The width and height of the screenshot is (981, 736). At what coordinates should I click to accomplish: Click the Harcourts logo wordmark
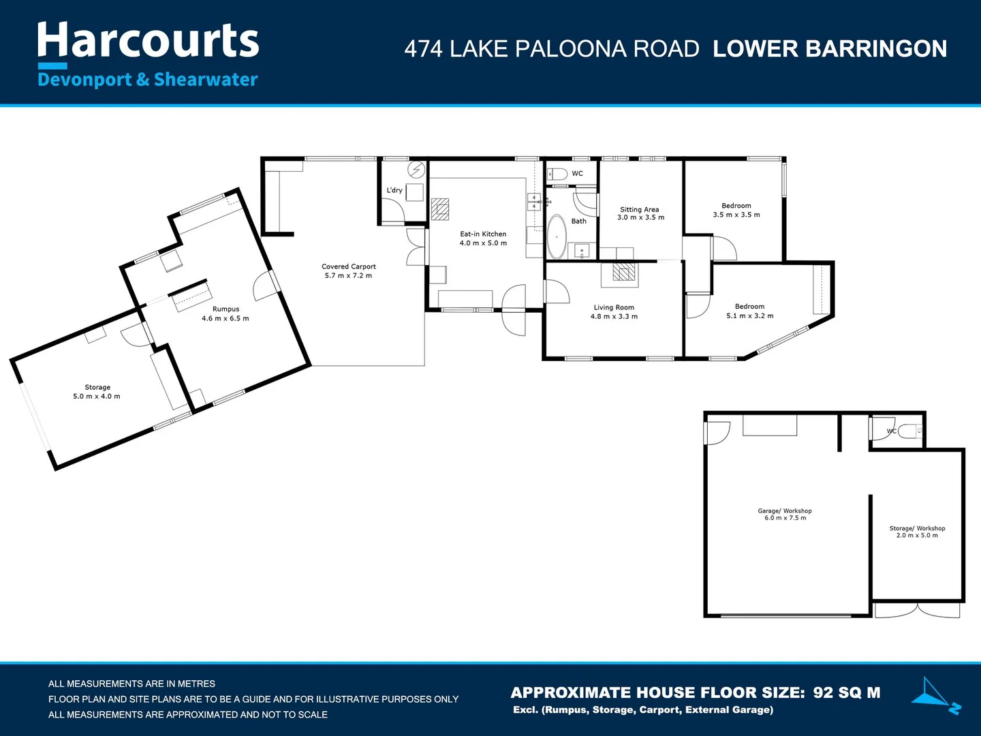click(148, 40)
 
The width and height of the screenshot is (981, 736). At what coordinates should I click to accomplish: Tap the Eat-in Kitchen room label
click(483, 234)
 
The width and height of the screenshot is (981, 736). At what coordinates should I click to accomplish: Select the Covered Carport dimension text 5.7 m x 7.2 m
click(348, 276)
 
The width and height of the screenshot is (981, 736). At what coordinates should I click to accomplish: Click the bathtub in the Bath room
click(557, 237)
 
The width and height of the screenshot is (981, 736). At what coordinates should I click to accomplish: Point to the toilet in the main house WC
click(557, 173)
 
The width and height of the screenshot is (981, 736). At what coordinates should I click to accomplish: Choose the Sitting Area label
click(639, 209)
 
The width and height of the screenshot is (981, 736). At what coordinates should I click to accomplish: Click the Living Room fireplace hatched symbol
click(623, 272)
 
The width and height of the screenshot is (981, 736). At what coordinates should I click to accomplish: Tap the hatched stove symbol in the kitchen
click(440, 209)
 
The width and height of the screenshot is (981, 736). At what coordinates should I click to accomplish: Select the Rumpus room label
click(225, 309)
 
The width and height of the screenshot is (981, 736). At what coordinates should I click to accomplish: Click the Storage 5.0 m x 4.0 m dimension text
click(97, 397)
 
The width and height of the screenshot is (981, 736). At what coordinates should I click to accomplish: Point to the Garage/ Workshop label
click(785, 511)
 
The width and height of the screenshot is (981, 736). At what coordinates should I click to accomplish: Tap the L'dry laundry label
click(394, 190)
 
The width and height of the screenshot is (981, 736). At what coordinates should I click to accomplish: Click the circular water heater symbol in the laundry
click(416, 170)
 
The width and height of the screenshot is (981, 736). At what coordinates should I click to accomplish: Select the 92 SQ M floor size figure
click(847, 692)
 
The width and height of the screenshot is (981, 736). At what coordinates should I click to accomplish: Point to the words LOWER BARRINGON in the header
click(830, 48)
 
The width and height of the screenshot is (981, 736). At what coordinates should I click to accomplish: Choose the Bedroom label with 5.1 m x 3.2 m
click(749, 307)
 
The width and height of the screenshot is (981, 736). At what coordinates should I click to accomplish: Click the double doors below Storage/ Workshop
click(917, 611)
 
